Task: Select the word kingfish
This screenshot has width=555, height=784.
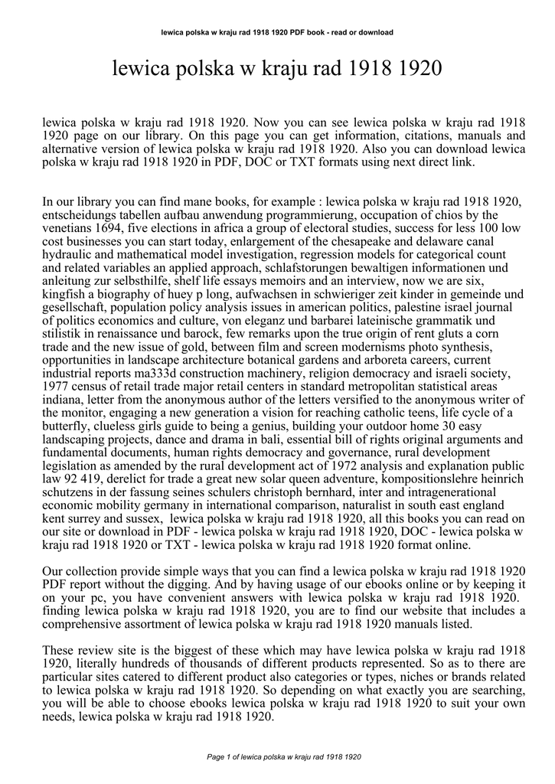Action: pyautogui.click(x=65, y=294)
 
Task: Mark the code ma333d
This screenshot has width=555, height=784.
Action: pyautogui.click(x=171, y=373)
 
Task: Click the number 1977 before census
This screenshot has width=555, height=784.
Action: pyautogui.click(x=56, y=387)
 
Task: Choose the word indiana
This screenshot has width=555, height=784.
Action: pyautogui.click(x=63, y=400)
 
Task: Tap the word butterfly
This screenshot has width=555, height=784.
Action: pyautogui.click(x=67, y=426)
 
